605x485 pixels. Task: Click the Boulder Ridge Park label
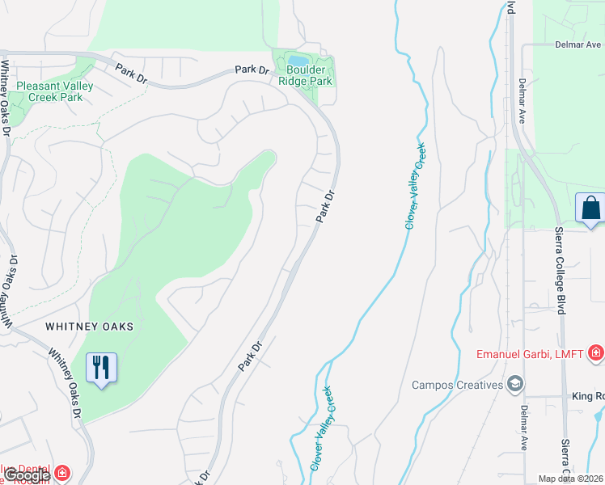pyautogui.click(x=305, y=76)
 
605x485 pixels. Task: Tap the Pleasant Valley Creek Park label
pyautogui.click(x=54, y=91)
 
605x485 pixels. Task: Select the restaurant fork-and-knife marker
pyautogui.click(x=101, y=369)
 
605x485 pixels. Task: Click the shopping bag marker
pyautogui.click(x=590, y=208)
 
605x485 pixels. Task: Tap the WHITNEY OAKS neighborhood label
pyautogui.click(x=89, y=327)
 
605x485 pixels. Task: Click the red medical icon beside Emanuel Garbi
pyautogui.click(x=596, y=352)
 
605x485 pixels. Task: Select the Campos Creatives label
pyautogui.click(x=457, y=384)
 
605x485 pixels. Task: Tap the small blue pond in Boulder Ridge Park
pyautogui.click(x=298, y=61)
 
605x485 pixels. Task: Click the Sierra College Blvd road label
pyautogui.click(x=561, y=271)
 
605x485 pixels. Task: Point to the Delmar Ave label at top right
pyautogui.click(x=577, y=44)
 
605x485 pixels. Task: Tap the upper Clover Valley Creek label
pyautogui.click(x=416, y=186)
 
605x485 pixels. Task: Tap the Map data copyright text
pyautogui.click(x=571, y=479)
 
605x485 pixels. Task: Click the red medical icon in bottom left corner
pyautogui.click(x=62, y=471)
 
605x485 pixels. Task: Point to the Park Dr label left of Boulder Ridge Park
pyautogui.click(x=252, y=70)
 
